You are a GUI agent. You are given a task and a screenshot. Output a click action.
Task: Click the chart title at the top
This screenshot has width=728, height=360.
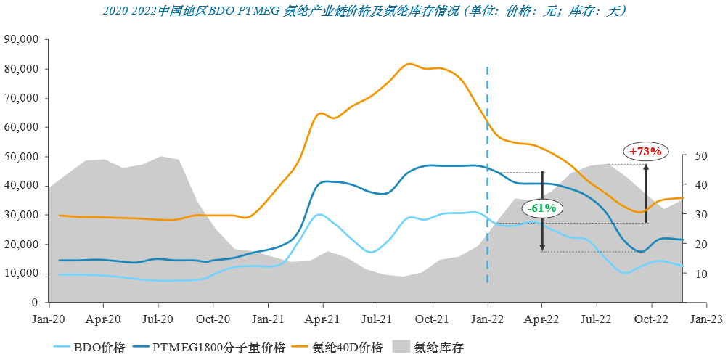coord(364,11)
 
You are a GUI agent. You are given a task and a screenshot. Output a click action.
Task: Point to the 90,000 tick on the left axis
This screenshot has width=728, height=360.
coord(22,39)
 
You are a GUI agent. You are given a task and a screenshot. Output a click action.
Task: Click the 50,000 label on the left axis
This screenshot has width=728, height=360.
coord(22,156)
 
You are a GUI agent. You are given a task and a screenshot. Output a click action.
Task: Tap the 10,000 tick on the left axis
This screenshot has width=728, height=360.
coord(22,273)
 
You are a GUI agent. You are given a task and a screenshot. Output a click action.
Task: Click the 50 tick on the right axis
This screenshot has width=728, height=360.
coord(700,156)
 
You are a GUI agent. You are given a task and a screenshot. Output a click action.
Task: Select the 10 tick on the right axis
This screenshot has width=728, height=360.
coord(700,274)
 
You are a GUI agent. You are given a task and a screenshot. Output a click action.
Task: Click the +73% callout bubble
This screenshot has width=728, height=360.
coord(645,152)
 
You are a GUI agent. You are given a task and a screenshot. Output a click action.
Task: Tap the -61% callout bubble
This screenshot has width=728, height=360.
coord(541,208)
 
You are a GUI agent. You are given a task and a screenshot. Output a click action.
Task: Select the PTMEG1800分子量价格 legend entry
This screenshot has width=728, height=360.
coord(217,347)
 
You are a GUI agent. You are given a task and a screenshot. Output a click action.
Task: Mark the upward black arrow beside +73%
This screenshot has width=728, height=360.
coord(646,193)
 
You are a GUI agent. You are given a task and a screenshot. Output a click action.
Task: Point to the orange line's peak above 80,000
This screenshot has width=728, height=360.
coord(409,64)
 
